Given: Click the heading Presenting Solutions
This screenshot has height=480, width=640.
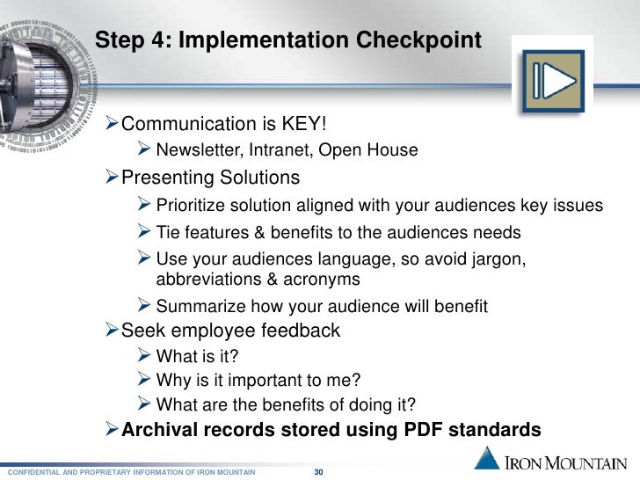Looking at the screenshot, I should click(210, 178).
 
